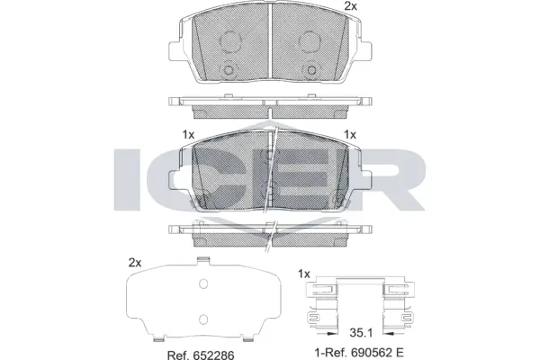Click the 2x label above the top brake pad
[350, 7]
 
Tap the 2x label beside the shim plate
[136, 263]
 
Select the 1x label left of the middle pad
[188, 134]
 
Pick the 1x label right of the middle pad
[351, 134]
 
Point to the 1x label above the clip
[303, 274]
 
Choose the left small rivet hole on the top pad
[229, 73]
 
